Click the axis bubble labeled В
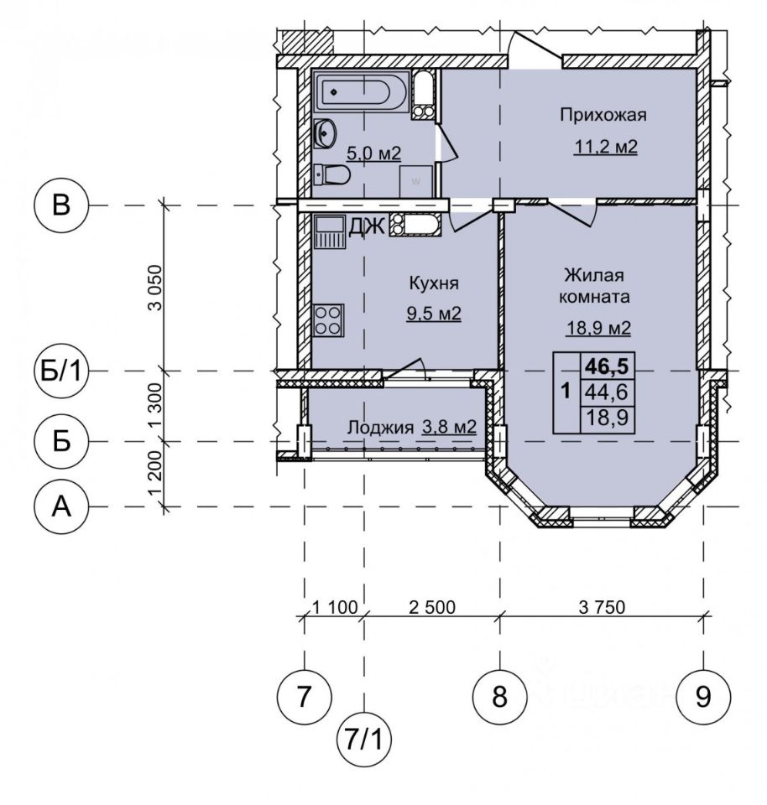click(x=61, y=205)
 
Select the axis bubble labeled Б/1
click(x=61, y=370)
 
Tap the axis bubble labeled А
click(x=61, y=506)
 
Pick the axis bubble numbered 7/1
click(x=363, y=740)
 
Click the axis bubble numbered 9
click(x=703, y=697)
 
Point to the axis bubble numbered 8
click(x=500, y=697)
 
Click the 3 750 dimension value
click(x=602, y=607)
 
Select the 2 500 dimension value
click(x=432, y=607)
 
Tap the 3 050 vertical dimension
click(x=154, y=288)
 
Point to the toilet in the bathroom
click(x=331, y=174)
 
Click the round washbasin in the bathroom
click(x=324, y=133)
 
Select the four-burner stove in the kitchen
click(x=328, y=319)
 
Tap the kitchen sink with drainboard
click(x=329, y=231)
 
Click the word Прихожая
click(x=603, y=115)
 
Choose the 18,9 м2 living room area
click(x=598, y=328)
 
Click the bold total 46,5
click(x=608, y=366)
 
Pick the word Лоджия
click(x=381, y=427)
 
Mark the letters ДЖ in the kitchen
click(x=367, y=226)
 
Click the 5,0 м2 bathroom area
click(x=373, y=153)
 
